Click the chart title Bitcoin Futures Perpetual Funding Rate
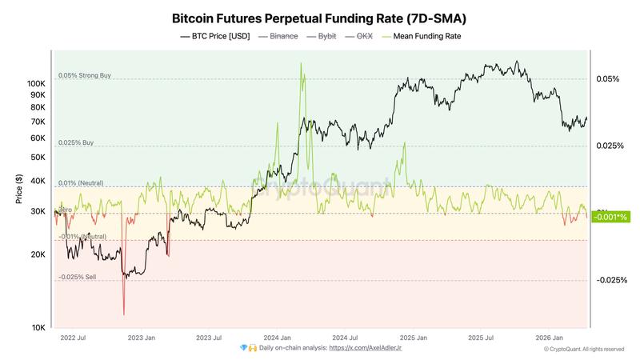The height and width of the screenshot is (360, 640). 319,17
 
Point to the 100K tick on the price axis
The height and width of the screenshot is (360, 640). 36,83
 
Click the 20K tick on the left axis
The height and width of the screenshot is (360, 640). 38,254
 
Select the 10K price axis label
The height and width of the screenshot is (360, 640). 38,328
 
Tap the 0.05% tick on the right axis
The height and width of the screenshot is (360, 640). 607,79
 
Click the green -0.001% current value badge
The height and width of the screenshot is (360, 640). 612,217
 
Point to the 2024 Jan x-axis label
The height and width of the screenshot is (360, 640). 276,338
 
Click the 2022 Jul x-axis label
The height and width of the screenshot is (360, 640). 73,338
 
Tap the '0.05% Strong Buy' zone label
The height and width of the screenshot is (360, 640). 84,76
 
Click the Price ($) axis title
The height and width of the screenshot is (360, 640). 19,189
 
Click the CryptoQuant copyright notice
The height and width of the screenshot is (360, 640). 583,349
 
